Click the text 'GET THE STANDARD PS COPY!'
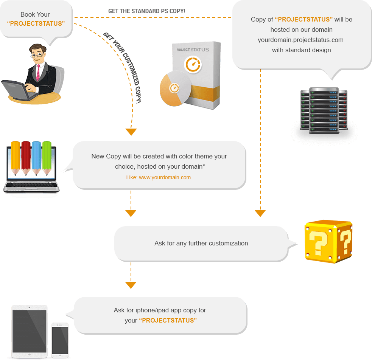click(147, 11)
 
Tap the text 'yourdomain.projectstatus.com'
click(300, 40)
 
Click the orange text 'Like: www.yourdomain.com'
click(158, 177)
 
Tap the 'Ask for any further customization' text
click(201, 243)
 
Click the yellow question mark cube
click(328, 242)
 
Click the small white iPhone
click(60, 340)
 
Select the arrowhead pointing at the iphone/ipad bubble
click(131, 285)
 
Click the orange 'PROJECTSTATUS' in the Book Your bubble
click(36, 23)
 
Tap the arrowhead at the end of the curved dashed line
click(131, 132)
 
